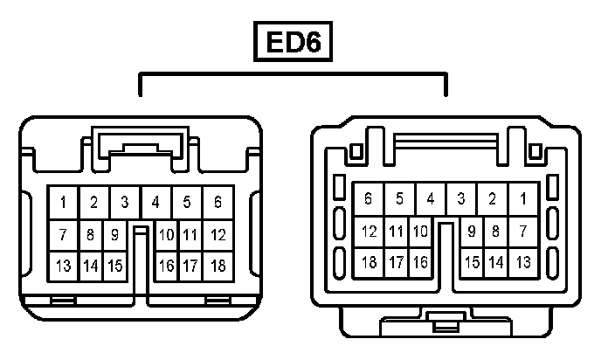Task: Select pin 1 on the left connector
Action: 63,203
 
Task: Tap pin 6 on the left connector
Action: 218,203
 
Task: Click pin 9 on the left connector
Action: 114,235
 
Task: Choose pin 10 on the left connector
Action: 166,235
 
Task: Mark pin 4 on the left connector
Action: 155,203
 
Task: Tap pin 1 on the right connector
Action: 523,199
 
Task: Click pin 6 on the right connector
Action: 368,199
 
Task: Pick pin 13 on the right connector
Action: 523,261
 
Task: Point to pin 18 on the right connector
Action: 369,261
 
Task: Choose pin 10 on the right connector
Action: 419,232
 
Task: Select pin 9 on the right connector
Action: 472,232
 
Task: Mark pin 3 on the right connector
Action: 461,199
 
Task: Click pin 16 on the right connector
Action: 419,261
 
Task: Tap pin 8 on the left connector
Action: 91,235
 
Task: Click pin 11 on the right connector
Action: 396,232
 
